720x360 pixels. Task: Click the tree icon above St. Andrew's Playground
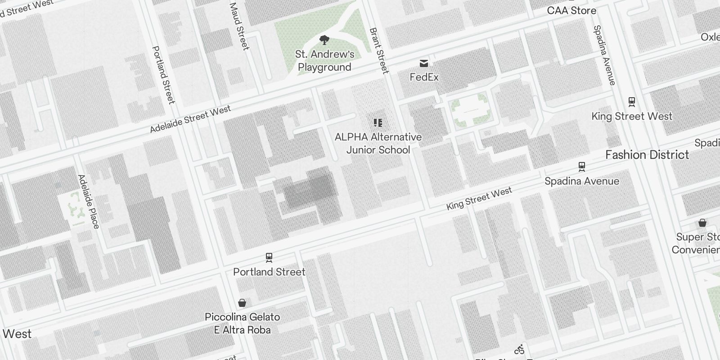[x=324, y=40]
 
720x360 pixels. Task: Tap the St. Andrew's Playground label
[x=324, y=61]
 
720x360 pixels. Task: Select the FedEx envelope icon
[x=424, y=63]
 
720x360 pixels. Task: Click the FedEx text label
[x=424, y=77]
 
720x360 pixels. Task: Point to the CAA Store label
[x=571, y=10]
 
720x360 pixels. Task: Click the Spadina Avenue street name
[x=604, y=55]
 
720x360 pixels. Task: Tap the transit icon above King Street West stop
[x=632, y=102]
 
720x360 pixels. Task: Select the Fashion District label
[x=647, y=155]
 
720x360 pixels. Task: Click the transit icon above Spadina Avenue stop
[x=582, y=167]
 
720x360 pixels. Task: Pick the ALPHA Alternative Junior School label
[x=378, y=143]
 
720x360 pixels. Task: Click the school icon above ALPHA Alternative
[x=378, y=123]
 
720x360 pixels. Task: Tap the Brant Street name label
[x=379, y=50]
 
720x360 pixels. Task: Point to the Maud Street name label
[x=239, y=26]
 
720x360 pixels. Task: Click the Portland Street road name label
[x=163, y=74]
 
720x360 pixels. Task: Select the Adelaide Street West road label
[x=190, y=119]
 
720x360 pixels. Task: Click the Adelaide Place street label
[x=89, y=201]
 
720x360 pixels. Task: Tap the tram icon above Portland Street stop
[x=269, y=257]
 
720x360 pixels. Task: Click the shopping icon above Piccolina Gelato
[x=242, y=302]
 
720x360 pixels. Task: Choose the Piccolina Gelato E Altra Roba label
[x=242, y=323]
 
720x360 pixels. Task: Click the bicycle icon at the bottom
[x=519, y=349]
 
